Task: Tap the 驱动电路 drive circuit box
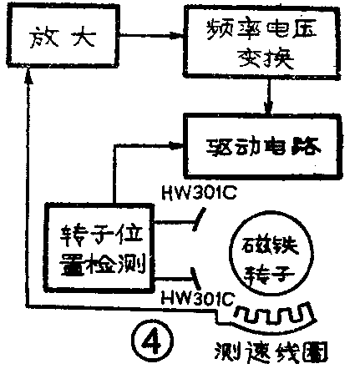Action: pos(259,147)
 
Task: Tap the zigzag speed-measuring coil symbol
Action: pos(271,316)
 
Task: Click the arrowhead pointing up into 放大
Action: pos(28,74)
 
